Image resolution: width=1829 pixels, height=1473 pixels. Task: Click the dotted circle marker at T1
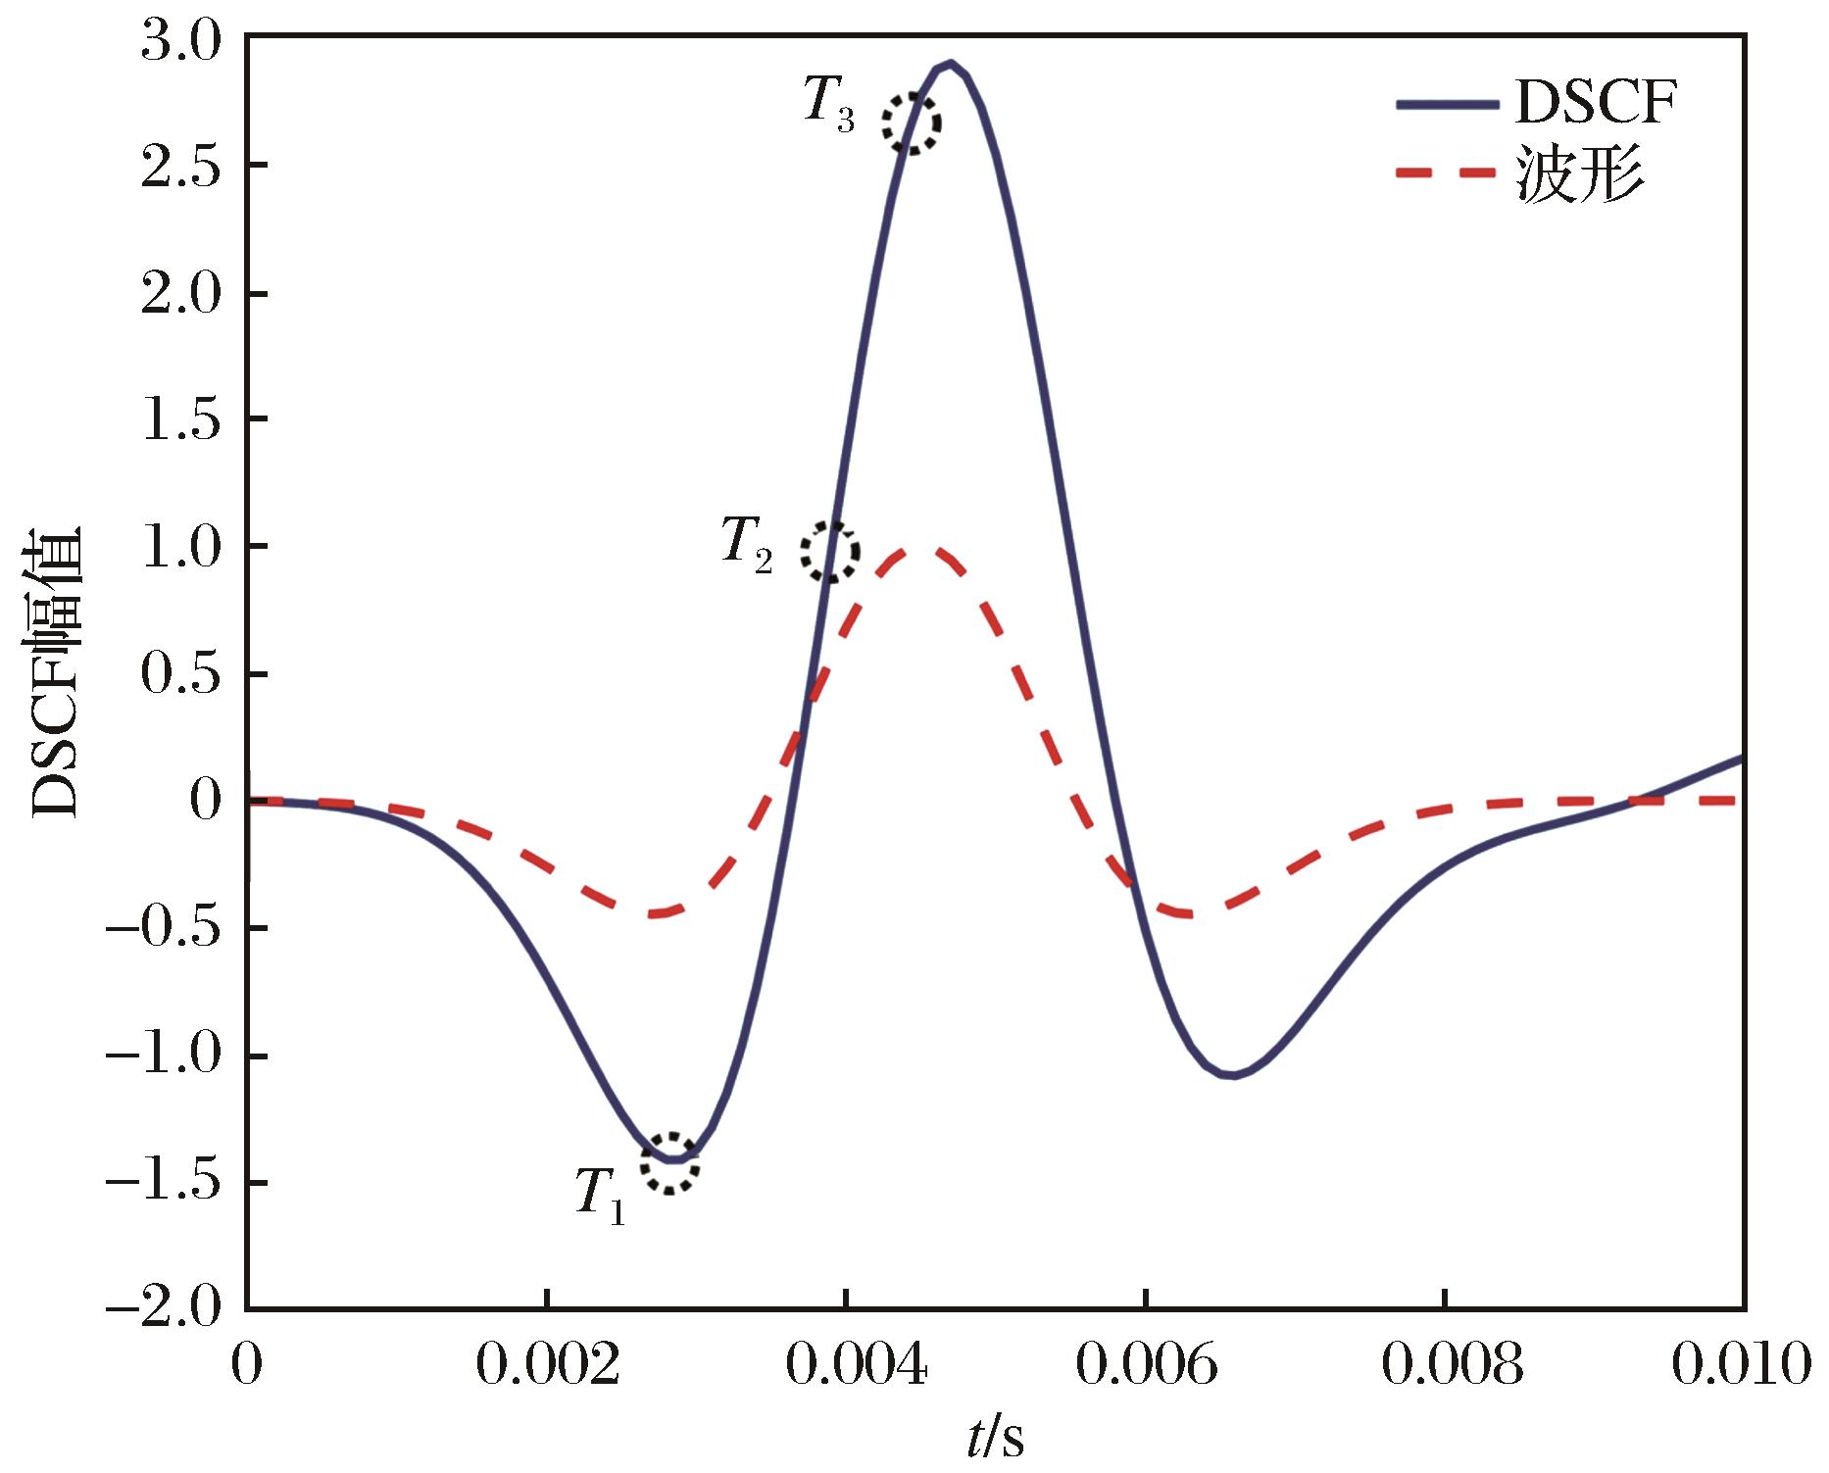point(670,1162)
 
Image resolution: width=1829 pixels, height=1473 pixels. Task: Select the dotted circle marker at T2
point(830,551)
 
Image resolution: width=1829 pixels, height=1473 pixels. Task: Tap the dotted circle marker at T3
point(911,123)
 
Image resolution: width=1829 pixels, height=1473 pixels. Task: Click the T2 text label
point(747,544)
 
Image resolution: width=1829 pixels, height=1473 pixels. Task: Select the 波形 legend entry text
point(1580,173)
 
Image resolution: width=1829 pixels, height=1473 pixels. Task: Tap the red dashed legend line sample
point(1446,173)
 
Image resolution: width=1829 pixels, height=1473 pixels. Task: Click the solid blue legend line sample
point(1446,103)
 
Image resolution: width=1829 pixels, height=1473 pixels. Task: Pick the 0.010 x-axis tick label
point(1739,1364)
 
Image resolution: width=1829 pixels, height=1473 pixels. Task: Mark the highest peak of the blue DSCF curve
point(949,64)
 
